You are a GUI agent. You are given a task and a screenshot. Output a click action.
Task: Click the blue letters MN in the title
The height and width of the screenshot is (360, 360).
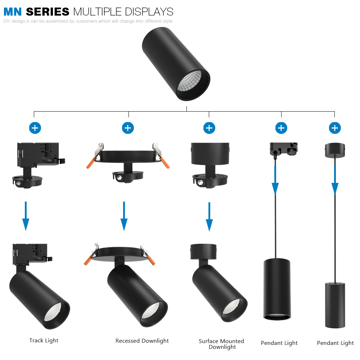coord(13,12)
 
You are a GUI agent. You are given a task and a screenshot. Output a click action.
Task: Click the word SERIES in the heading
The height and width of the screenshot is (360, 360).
coord(48,12)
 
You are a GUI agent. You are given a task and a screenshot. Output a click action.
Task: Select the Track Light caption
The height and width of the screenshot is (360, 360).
coord(44,340)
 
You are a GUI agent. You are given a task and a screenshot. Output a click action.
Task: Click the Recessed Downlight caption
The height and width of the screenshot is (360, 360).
coord(142,341)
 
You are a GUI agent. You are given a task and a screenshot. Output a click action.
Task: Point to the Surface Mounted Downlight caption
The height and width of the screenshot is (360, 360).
coord(221,344)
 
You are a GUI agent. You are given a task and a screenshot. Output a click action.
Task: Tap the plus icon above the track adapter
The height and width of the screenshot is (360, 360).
coord(35,128)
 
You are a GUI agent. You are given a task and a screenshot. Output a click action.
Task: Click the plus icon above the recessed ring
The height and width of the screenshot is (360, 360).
coord(128,128)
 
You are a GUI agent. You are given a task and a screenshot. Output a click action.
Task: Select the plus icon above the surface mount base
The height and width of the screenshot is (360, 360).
coord(209,128)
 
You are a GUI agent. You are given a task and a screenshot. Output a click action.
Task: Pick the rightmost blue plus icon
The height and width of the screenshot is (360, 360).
coord(335,128)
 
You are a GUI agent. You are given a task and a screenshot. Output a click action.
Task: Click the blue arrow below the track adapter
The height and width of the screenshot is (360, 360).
coord(26,216)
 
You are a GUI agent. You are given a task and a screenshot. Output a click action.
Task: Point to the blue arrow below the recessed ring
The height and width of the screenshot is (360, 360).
coord(124,216)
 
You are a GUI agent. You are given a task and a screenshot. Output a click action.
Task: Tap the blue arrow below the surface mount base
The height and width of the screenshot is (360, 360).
coord(209,217)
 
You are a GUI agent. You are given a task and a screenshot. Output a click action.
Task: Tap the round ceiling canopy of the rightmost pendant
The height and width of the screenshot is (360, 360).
coord(335,150)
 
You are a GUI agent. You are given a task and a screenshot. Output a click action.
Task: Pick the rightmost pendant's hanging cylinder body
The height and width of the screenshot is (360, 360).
coord(335,305)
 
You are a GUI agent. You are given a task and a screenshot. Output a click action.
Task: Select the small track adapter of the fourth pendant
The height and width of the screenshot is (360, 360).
coord(284,149)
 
